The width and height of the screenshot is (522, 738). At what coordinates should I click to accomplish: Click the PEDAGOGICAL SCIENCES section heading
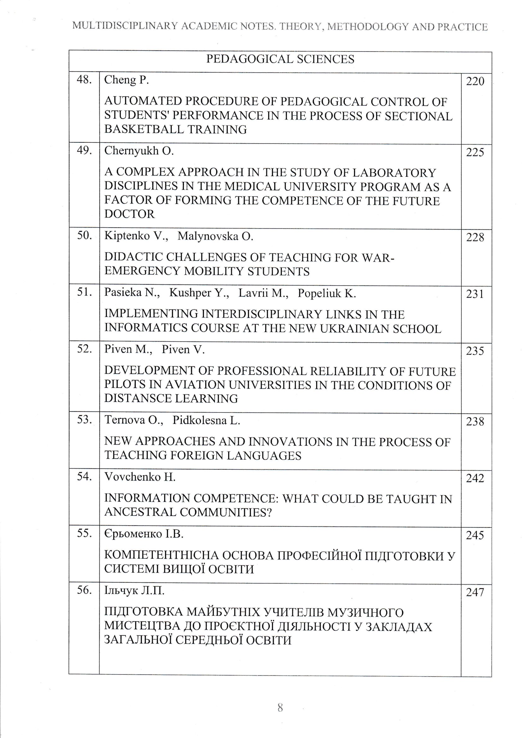280,59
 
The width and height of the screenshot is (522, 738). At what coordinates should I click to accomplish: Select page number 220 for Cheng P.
475,81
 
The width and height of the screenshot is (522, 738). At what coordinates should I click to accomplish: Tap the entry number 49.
84,151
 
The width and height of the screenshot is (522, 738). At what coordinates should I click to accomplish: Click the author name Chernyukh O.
139,151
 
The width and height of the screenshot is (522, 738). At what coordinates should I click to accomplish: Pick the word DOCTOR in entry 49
129,214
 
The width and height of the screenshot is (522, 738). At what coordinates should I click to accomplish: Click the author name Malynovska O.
215,236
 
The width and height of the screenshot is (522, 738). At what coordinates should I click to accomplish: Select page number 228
475,238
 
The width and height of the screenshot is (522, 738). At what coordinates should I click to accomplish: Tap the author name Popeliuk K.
327,293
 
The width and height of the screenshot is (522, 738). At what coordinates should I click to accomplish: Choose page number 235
475,351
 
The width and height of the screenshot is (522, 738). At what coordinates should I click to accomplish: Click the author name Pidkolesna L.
206,420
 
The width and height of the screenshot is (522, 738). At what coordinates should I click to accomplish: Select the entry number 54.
84,477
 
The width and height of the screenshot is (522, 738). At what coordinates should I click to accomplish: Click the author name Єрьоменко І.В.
144,534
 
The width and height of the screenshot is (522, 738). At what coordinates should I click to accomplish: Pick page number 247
475,592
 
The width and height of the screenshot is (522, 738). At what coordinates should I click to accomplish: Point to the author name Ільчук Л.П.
134,591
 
